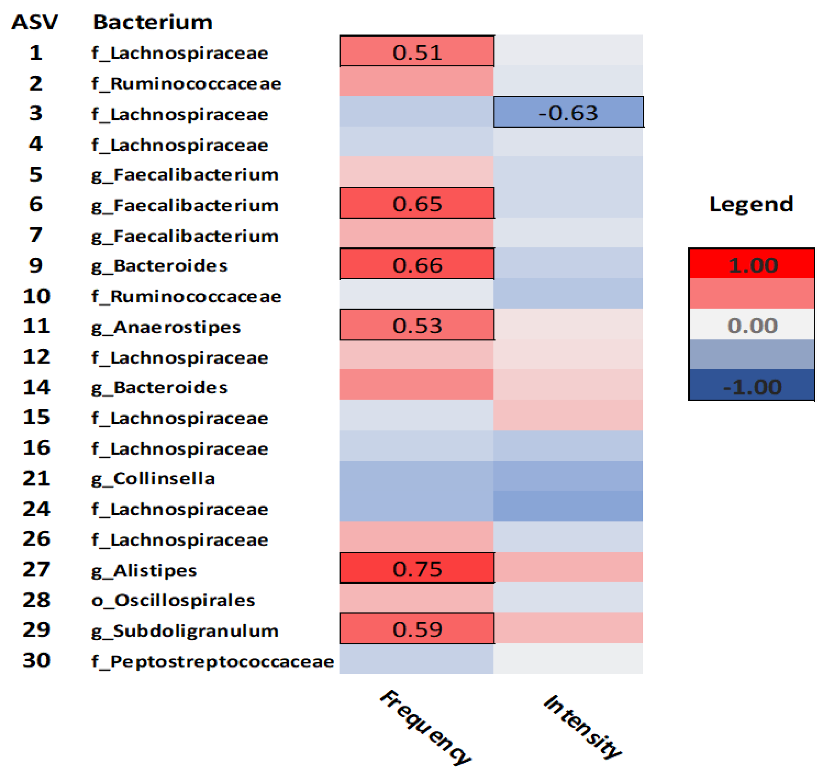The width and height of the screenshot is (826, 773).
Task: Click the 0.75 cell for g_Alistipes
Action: point(417,568)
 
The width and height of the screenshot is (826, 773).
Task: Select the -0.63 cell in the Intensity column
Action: point(568,112)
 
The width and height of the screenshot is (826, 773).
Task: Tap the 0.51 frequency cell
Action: point(417,52)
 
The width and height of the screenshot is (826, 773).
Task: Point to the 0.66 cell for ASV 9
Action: point(417,264)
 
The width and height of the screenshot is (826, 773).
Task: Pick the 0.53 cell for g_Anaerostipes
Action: point(417,325)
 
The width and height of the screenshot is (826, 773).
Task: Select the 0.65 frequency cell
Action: point(417,203)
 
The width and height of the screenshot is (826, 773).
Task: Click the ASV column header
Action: point(35,22)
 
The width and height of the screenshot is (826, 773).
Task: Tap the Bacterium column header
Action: point(153,22)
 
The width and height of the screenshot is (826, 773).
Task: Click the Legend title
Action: point(751,204)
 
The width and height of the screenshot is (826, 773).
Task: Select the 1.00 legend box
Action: point(752,264)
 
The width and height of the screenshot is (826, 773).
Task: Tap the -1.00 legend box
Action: point(752,386)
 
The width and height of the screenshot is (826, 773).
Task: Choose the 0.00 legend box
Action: point(752,325)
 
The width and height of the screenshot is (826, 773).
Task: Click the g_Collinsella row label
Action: point(153,479)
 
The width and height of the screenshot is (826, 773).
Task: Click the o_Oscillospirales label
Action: point(173,600)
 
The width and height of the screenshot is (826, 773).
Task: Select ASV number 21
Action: point(37,478)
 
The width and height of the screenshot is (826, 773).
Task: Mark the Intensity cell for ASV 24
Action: point(568,506)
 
